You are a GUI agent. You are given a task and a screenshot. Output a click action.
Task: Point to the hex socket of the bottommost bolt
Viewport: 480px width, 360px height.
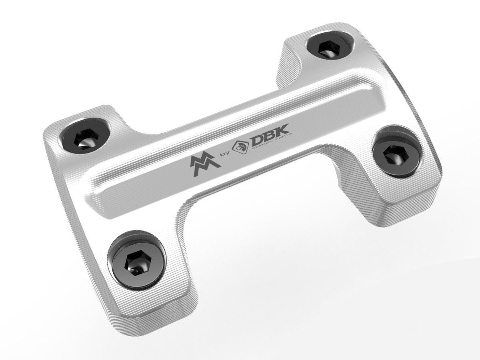(x=134, y=264)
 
